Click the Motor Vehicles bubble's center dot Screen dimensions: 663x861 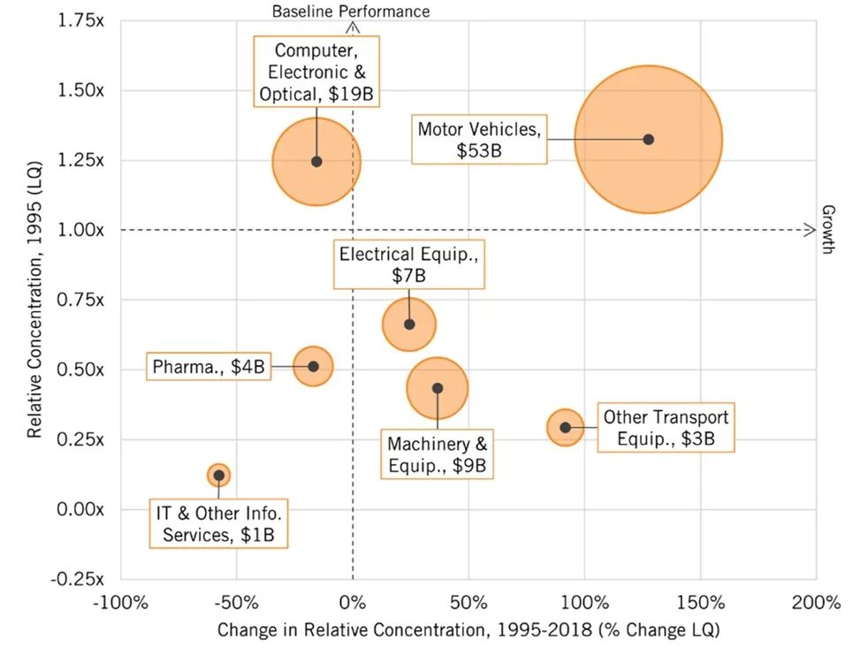point(648,140)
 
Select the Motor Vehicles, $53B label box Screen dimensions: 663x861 point(478,140)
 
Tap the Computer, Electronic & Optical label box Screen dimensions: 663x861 point(316,71)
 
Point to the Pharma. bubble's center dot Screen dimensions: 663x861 point(313,366)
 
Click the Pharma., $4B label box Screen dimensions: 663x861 point(208,365)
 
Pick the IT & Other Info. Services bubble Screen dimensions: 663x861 point(218,475)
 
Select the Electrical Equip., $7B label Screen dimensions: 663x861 point(408,265)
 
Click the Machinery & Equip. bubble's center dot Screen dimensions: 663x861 point(438,388)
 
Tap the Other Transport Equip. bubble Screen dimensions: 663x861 point(565,428)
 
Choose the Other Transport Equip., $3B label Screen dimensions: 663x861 point(666,428)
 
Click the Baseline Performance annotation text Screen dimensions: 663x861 point(351,11)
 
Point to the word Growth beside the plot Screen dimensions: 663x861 point(828,230)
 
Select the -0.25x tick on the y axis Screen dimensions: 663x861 point(79,578)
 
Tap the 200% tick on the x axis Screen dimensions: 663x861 point(816,604)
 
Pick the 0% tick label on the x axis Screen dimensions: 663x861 point(352,604)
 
